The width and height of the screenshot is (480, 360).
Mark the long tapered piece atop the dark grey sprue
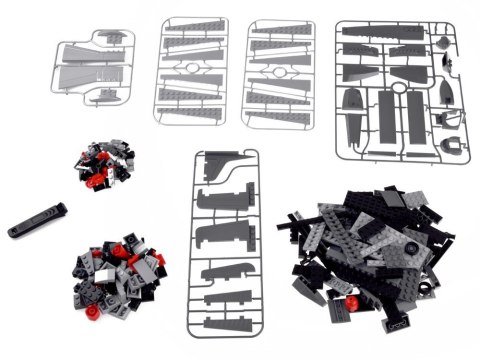pos(385,31)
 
